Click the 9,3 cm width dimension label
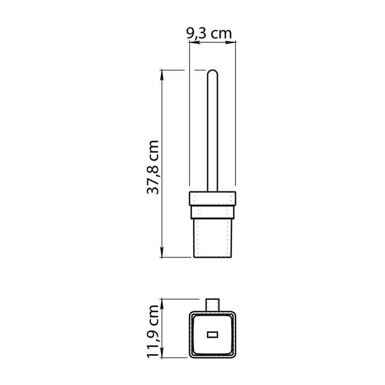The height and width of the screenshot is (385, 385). point(209,33)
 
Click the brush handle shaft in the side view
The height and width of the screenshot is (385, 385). point(212,132)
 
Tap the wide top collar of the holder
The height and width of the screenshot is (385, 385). point(212,198)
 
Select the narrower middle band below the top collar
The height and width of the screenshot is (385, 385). point(212,211)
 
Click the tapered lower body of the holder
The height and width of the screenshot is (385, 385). point(212,237)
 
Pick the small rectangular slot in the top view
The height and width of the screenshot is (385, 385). point(212,334)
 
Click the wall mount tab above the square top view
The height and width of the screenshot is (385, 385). point(212,305)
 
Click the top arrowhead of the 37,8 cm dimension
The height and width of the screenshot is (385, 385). point(162,73)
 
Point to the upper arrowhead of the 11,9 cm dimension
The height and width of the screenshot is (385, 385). point(162,302)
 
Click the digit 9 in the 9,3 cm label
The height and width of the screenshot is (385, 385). point(191,33)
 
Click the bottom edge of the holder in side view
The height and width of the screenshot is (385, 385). point(212,257)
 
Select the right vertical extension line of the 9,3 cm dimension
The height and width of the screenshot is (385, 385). point(237,110)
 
